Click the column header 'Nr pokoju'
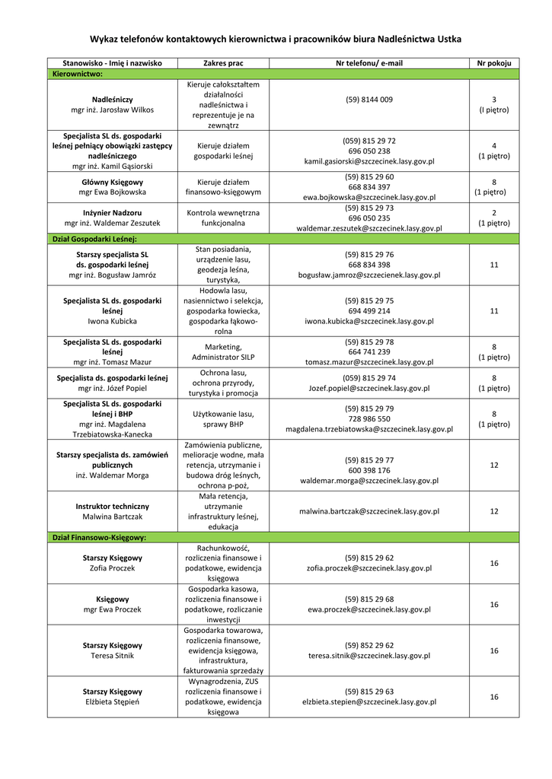point(493,63)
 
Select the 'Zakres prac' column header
point(223,63)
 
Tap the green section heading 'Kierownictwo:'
point(77,74)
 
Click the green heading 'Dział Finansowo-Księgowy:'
point(99,537)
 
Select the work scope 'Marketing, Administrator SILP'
point(223,351)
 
